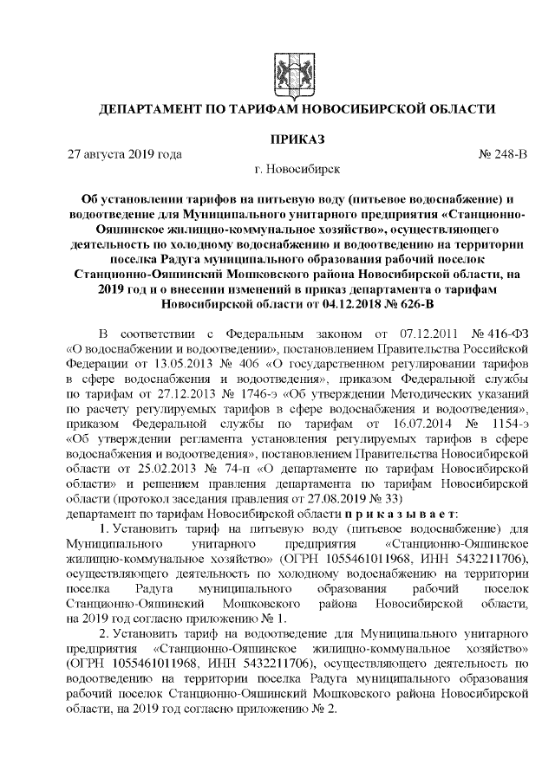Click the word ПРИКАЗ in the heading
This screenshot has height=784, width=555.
297,139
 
